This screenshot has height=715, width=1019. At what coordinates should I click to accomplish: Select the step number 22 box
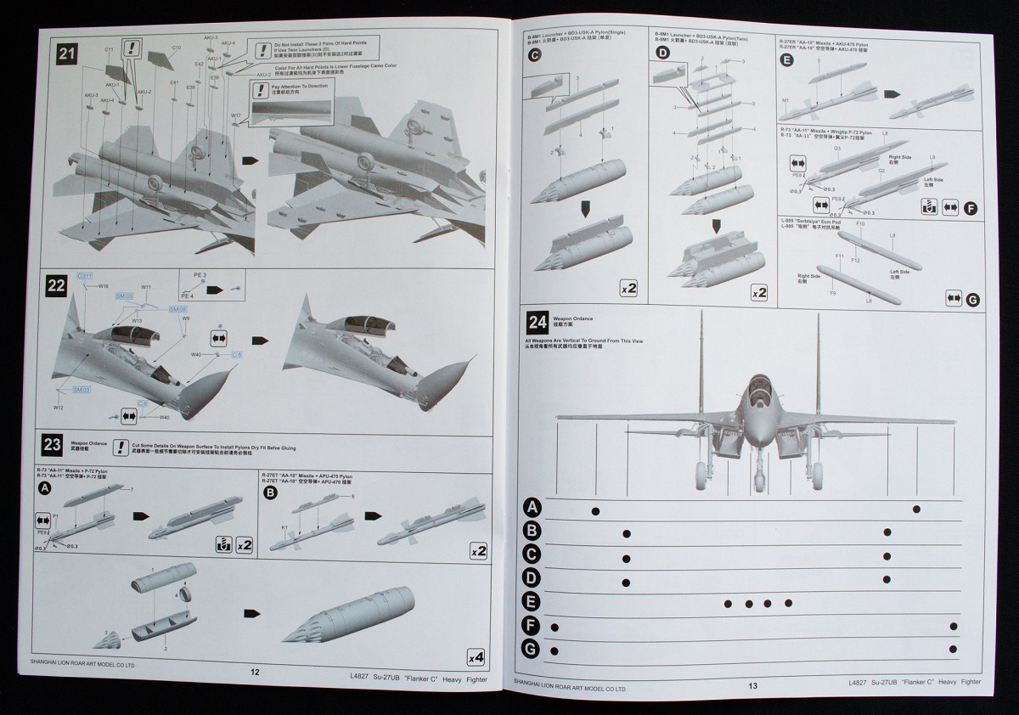coord(57,285)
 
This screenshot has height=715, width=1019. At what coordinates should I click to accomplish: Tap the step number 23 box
coord(52,444)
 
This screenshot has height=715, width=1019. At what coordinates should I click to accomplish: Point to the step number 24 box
coord(538,322)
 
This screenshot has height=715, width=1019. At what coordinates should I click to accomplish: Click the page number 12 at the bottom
coord(254,672)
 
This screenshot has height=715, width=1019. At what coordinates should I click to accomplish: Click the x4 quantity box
coord(476,657)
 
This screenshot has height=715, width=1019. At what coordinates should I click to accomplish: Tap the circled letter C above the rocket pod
coord(534,56)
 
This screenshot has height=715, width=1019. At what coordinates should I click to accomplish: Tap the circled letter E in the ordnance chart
coord(532,602)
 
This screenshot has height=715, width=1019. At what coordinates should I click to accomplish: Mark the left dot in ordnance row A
coord(595,510)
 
